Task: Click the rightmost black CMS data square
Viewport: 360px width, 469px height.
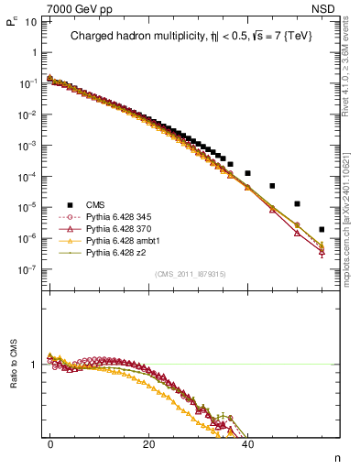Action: (322, 230)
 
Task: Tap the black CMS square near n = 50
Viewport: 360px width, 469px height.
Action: (297, 203)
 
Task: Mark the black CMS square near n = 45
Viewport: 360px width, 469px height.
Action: (272, 186)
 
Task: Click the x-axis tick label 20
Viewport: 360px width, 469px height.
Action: (148, 442)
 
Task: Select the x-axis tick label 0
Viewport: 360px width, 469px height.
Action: (49, 442)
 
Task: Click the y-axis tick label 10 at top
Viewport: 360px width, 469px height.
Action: (29, 20)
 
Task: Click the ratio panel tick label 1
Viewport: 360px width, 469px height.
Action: (33, 365)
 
